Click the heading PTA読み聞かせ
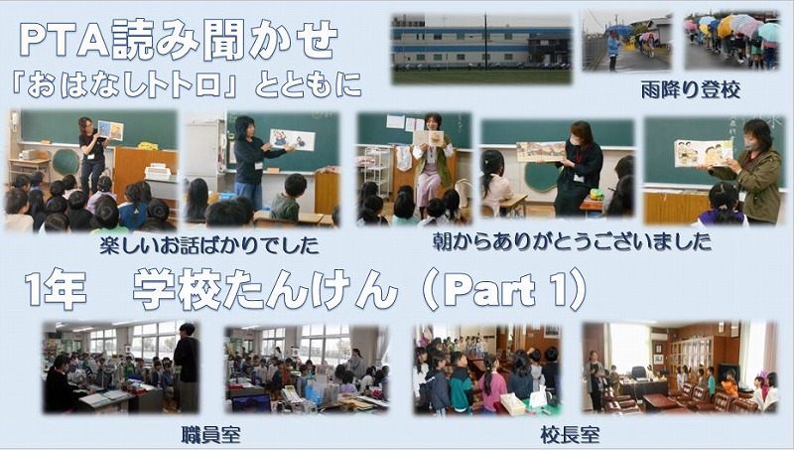179,40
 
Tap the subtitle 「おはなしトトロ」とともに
186,85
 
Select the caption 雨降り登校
690,90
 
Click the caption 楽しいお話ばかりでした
209,245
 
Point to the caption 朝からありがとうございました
573,241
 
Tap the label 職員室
210,435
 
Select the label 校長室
570,435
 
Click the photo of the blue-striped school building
481,49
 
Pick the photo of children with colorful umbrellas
732,40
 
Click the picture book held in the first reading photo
110,130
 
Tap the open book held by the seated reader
429,138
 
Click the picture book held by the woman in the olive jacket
704,153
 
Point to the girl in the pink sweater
492,385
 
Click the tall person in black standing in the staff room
187,367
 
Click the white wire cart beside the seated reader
377,171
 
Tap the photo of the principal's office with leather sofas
680,368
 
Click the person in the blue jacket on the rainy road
613,50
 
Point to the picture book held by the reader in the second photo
292,140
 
